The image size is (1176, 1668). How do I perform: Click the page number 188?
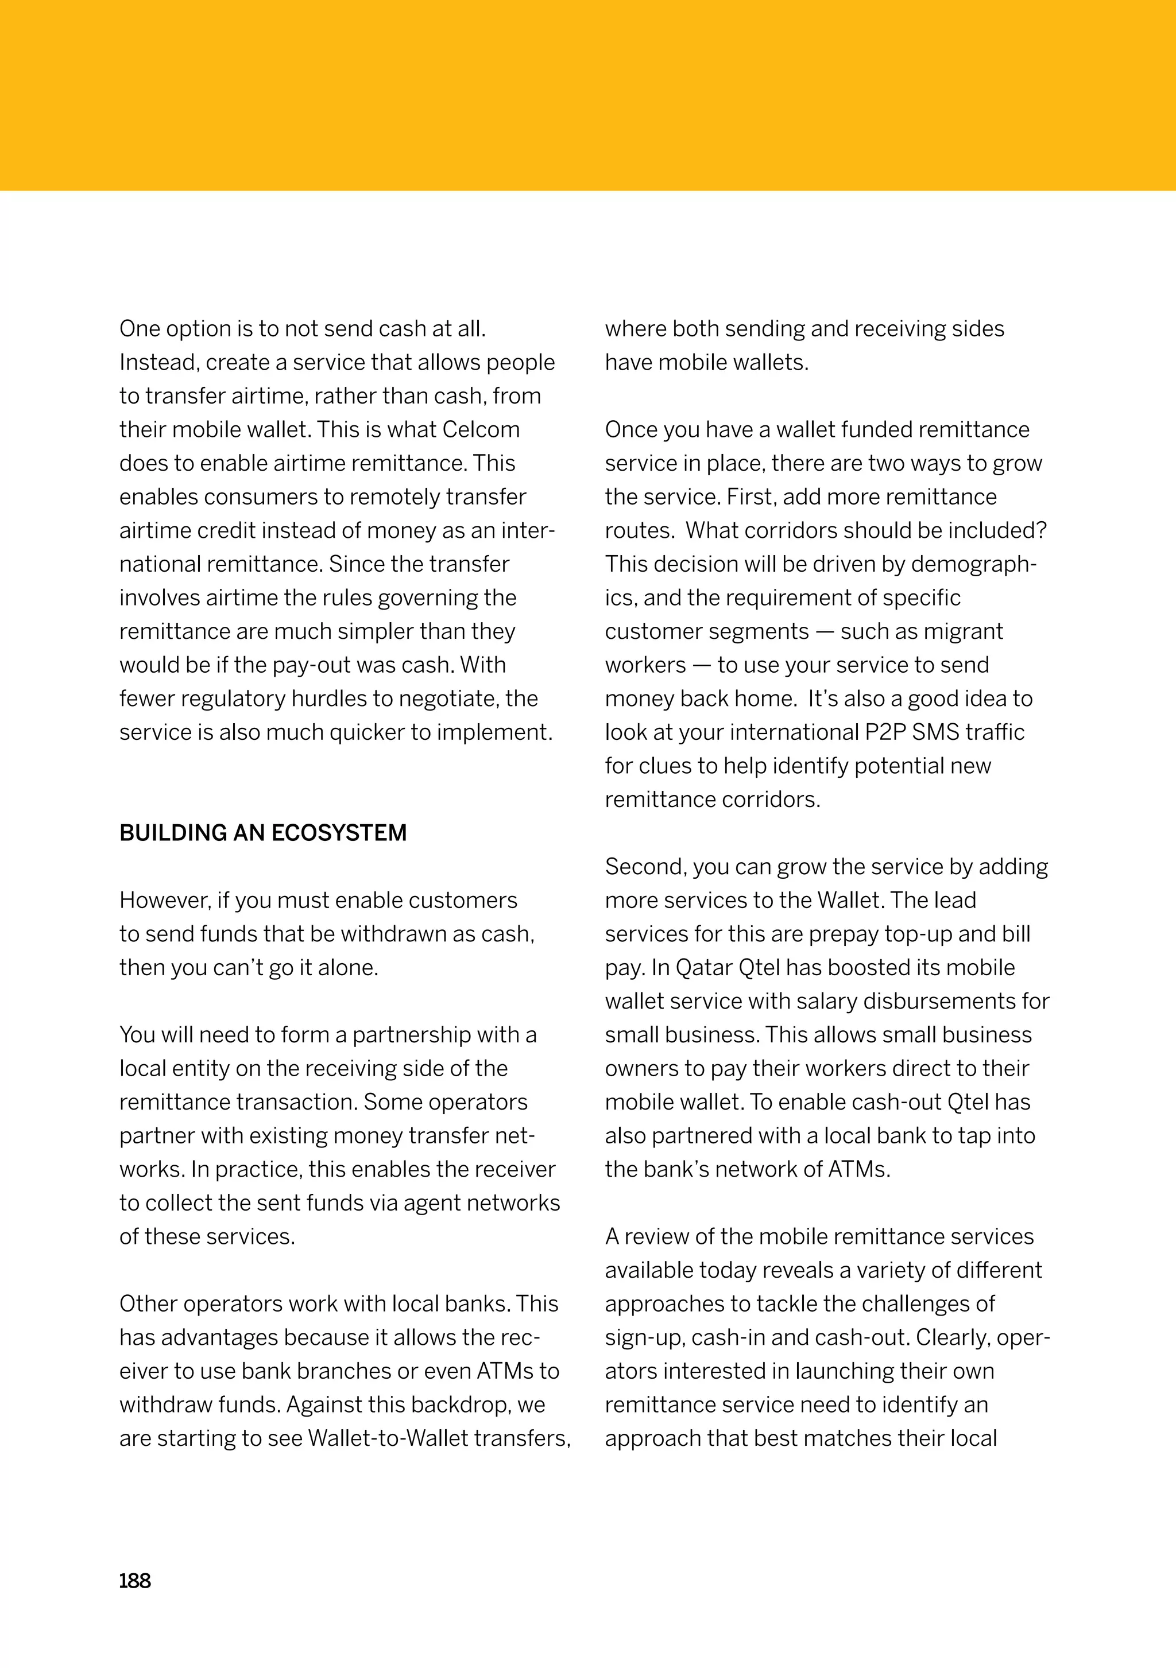[x=135, y=1581]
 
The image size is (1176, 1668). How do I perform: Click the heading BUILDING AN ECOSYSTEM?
[x=263, y=832]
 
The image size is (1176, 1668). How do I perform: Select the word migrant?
[x=962, y=631]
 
